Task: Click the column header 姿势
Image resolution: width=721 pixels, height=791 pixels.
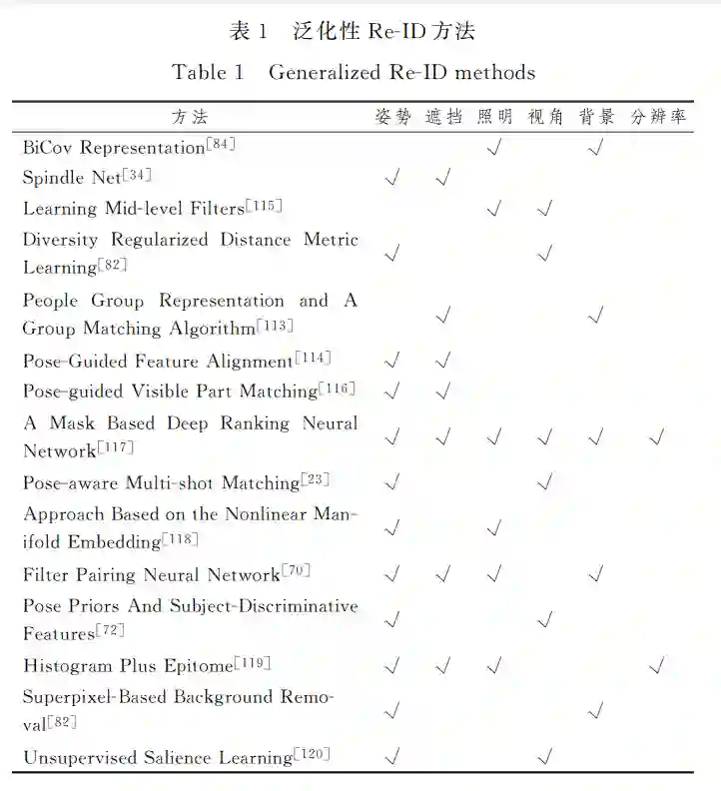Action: pyautogui.click(x=392, y=117)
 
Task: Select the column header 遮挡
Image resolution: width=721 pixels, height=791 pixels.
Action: pyautogui.click(x=443, y=117)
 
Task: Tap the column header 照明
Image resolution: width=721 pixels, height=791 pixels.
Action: pyautogui.click(x=494, y=117)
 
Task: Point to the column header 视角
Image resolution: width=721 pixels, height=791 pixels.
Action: pyautogui.click(x=545, y=117)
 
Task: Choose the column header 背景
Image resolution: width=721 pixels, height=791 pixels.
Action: pyautogui.click(x=596, y=117)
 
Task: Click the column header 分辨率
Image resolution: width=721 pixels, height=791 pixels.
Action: pyautogui.click(x=658, y=117)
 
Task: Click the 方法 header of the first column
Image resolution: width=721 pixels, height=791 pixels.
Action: pyautogui.click(x=190, y=117)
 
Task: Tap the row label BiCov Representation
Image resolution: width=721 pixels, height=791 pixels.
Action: pyautogui.click(x=113, y=148)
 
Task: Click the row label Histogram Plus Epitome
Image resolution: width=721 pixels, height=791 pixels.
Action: pyautogui.click(x=127, y=665)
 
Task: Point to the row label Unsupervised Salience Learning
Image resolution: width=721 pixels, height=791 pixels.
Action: pyautogui.click(x=157, y=758)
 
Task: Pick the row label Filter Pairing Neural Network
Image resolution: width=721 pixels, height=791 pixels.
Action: pyautogui.click(x=151, y=574)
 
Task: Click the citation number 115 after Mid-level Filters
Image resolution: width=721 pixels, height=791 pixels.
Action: pyautogui.click(x=266, y=206)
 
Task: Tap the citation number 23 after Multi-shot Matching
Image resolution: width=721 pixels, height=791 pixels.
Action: pyautogui.click(x=316, y=480)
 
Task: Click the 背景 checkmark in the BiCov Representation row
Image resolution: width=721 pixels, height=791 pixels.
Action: pyautogui.click(x=595, y=149)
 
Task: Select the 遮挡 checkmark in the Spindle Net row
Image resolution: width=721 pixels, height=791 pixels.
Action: pyautogui.click(x=443, y=179)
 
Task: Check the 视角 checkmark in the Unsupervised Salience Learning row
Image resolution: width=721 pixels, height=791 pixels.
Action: pyautogui.click(x=545, y=757)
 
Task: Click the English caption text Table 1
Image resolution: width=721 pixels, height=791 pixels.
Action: pyautogui.click(x=208, y=72)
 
